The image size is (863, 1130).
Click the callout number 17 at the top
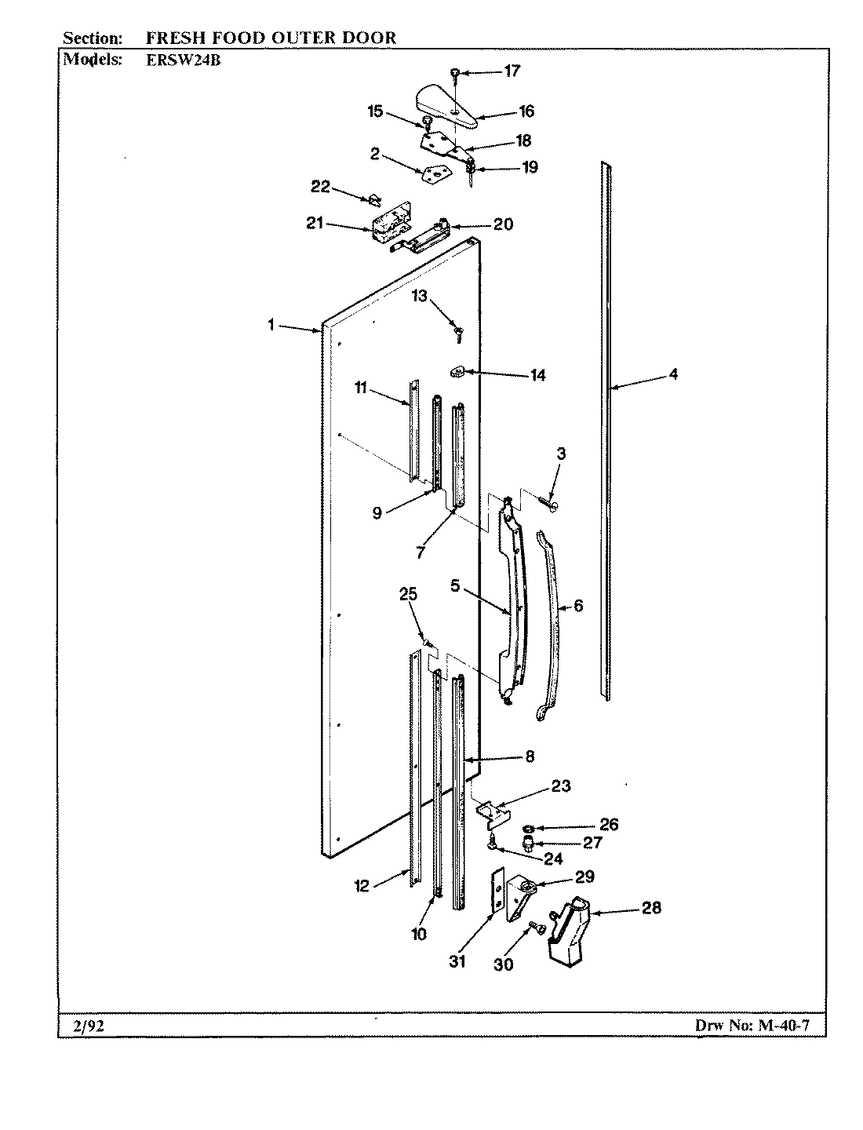(512, 71)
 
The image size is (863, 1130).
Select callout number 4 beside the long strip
(673, 374)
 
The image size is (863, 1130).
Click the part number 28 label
(651, 908)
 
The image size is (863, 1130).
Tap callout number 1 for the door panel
(271, 324)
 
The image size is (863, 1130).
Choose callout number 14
(537, 375)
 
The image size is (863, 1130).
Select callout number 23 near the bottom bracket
(561, 786)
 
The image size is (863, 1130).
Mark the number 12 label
(361, 886)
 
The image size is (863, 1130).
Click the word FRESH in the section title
(173, 37)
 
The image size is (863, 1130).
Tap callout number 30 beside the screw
(503, 964)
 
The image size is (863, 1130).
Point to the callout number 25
(408, 594)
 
